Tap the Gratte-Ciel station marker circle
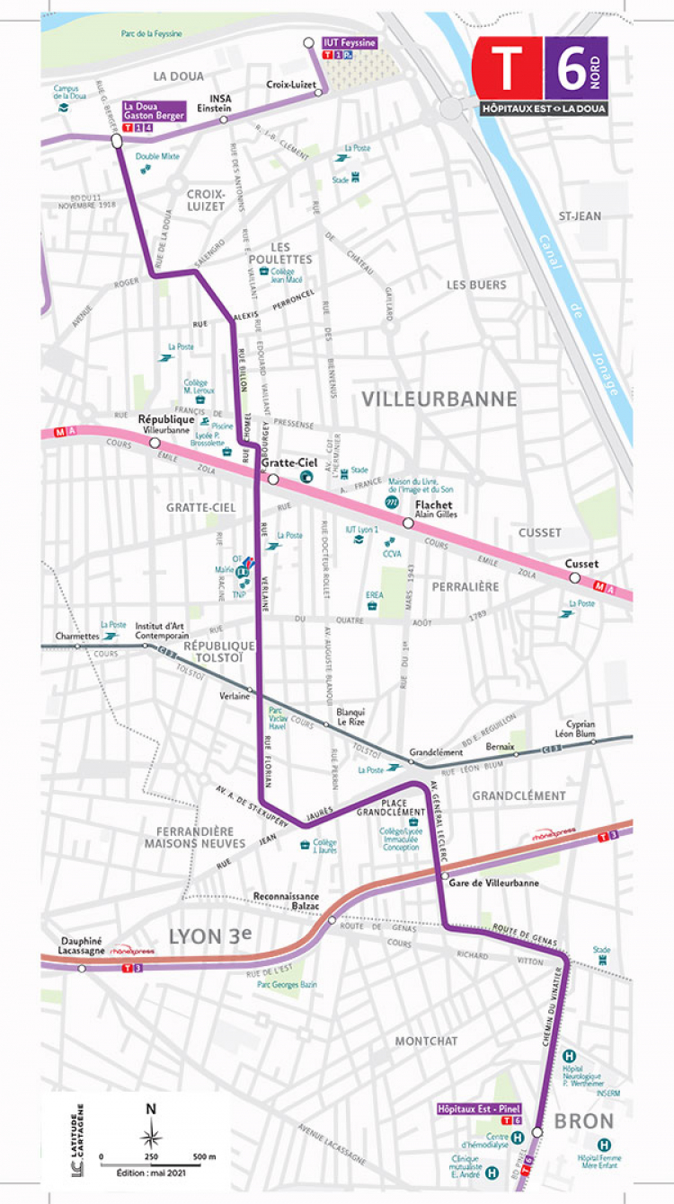(273, 480)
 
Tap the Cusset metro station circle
(574, 578)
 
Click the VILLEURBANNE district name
(439, 400)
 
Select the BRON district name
(584, 1121)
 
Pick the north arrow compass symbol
(152, 1133)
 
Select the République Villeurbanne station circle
(155, 443)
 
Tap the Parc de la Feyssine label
(151, 34)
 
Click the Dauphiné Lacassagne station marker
(82, 969)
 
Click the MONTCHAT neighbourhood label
(426, 1041)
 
